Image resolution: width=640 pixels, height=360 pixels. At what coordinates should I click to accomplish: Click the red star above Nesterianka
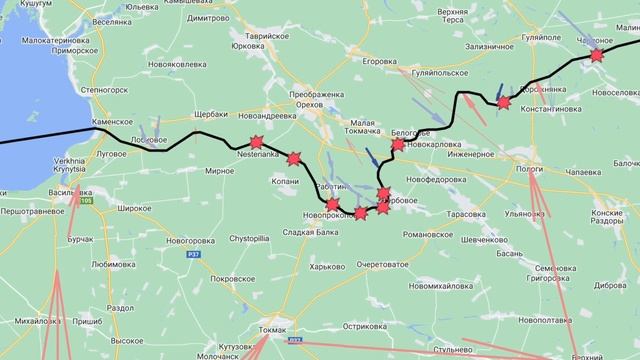[255, 143]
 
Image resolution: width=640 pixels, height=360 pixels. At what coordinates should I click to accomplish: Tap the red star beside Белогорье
[398, 145]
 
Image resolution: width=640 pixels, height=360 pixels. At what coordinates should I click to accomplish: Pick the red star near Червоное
[597, 56]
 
